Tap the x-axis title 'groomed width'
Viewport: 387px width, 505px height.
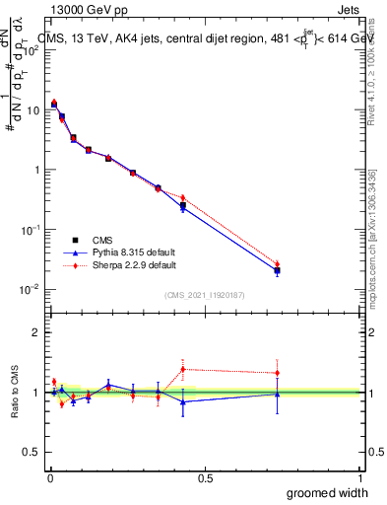328,492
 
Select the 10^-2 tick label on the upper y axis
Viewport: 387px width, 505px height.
31,289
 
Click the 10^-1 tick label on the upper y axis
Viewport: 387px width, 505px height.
31,229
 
